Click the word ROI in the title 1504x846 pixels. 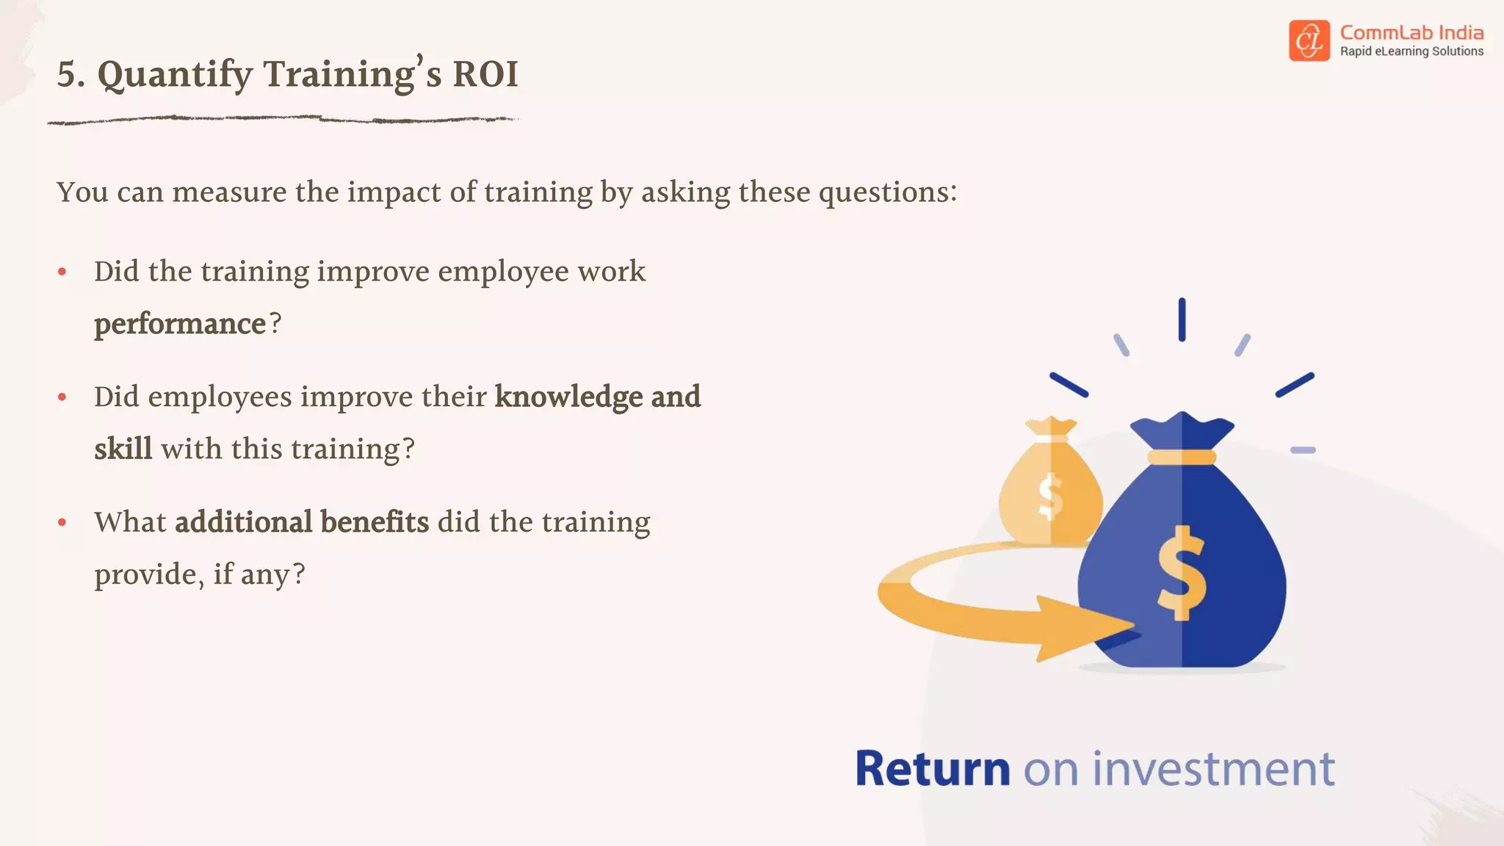point(485,74)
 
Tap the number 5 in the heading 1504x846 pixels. point(68,74)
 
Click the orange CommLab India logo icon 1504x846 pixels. point(1309,40)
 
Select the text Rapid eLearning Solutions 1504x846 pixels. point(1411,51)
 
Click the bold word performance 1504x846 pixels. point(180,324)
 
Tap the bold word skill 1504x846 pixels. point(123,449)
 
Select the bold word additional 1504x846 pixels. point(244,522)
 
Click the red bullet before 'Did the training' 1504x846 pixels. point(62,272)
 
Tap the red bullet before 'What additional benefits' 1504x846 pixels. point(62,523)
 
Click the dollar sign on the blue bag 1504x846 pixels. point(1181,573)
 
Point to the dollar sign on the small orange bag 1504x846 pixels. point(1051,496)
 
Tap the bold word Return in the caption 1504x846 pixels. point(933,769)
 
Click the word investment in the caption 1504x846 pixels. point(1213,769)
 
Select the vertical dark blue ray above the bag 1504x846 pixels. point(1182,319)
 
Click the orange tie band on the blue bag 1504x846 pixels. point(1182,458)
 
